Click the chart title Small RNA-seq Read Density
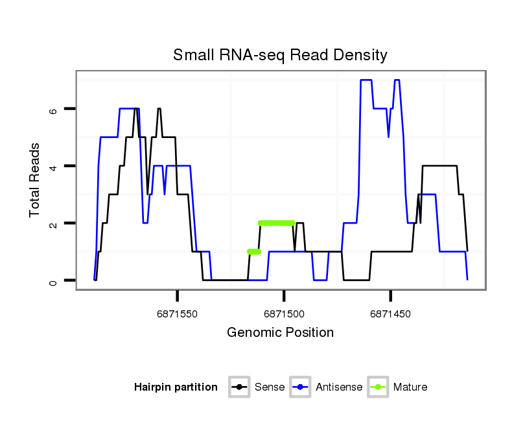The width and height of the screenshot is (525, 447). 280,55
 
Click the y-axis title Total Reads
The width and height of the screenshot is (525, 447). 36,180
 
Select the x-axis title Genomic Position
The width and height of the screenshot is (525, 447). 280,333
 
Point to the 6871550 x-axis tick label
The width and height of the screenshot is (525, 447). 178,314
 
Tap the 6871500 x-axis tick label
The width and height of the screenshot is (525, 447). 284,314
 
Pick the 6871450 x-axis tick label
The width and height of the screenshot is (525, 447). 390,314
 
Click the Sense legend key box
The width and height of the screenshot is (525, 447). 239,387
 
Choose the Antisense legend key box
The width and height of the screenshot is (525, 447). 301,387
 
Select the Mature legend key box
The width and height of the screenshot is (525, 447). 378,387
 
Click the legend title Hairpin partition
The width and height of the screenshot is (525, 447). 176,387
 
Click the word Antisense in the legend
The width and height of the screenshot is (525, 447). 339,387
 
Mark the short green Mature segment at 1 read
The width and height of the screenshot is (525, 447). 254,251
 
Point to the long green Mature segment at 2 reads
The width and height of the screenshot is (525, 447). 276,223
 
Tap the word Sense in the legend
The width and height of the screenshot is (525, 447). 270,387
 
